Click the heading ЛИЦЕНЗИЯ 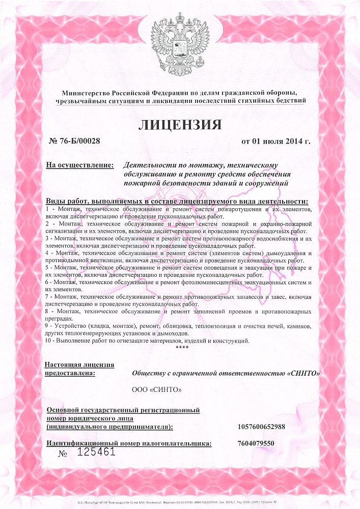[180, 125]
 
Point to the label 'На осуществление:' [79, 165]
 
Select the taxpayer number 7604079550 [256, 443]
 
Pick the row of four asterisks [182, 348]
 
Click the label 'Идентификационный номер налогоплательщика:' [129, 443]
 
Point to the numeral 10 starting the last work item [49, 341]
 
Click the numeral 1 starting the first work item [47, 209]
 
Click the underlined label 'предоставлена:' [70, 373]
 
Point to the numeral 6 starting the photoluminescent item [47, 282]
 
